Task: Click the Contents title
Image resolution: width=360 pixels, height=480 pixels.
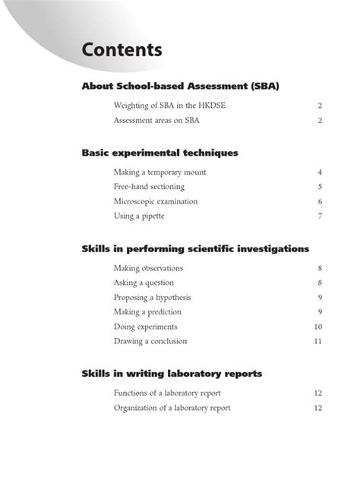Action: pos(122,51)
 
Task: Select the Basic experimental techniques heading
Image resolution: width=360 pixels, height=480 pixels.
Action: pos(159,153)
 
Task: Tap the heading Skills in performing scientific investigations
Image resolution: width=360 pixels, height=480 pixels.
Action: pos(195,248)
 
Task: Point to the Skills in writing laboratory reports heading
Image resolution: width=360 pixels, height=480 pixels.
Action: pos(172,373)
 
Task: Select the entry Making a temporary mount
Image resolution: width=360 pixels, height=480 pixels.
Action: pos(159,172)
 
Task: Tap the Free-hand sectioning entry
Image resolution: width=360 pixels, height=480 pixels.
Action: pos(149,187)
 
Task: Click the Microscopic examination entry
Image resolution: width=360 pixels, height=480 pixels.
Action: pos(156,201)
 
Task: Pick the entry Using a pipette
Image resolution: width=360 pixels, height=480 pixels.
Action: pos(139,216)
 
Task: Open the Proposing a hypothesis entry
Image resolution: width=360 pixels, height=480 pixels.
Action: pos(152,297)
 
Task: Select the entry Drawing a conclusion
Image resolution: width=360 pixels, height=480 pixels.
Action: pos(149,341)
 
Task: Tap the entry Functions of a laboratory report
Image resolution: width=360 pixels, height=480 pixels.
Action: pos(167,393)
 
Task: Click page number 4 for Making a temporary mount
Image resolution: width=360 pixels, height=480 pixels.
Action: pos(321,172)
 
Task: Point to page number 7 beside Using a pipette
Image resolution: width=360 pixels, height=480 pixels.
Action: pos(321,216)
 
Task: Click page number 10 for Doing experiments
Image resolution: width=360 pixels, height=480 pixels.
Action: pos(318,327)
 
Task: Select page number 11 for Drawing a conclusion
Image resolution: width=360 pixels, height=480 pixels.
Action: pos(318,341)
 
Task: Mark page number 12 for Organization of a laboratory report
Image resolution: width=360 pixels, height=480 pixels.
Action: pos(318,408)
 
